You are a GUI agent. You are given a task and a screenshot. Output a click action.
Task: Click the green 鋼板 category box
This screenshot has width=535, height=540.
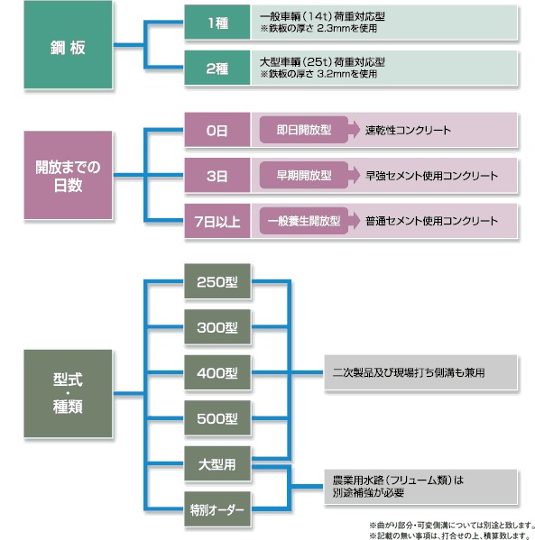(x=68, y=45)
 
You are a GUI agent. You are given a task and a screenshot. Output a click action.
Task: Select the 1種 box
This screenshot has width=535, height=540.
(x=217, y=22)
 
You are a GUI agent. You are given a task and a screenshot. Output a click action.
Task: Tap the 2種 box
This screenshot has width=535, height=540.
(x=217, y=68)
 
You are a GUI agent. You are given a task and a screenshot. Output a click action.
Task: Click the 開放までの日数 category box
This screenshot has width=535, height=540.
(x=68, y=175)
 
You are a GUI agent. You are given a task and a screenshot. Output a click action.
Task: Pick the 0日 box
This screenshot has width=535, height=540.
(x=217, y=130)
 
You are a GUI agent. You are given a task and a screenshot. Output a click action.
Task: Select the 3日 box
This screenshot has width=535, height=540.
(x=217, y=175)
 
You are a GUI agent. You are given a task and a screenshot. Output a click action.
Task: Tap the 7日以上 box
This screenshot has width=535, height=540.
(x=217, y=221)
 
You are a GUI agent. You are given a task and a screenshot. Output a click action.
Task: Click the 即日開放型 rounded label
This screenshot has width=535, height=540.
(x=304, y=130)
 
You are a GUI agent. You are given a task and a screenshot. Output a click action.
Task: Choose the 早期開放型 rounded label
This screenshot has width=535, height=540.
(x=304, y=175)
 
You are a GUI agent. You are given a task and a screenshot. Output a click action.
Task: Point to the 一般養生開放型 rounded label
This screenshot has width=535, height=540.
(x=304, y=221)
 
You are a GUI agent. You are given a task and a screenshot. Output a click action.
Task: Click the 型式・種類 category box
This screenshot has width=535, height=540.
(x=68, y=393)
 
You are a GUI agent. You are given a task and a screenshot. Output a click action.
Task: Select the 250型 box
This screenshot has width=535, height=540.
(x=217, y=281)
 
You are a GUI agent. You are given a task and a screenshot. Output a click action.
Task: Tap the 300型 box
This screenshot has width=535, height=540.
(x=217, y=327)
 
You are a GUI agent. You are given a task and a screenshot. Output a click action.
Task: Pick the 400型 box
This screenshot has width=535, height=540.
(x=217, y=372)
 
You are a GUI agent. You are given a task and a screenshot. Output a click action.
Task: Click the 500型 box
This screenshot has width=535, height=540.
(x=217, y=418)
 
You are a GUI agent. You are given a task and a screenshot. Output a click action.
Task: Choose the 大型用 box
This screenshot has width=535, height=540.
(x=217, y=463)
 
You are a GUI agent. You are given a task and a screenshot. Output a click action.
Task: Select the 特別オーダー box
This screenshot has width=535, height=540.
(x=217, y=509)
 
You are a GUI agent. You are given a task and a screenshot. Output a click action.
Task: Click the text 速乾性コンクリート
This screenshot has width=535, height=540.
(x=408, y=130)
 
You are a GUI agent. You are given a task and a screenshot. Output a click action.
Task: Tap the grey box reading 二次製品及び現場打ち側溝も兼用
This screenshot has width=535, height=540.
(x=421, y=372)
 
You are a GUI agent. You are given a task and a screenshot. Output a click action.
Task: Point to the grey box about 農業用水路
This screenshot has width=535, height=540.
(x=421, y=487)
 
